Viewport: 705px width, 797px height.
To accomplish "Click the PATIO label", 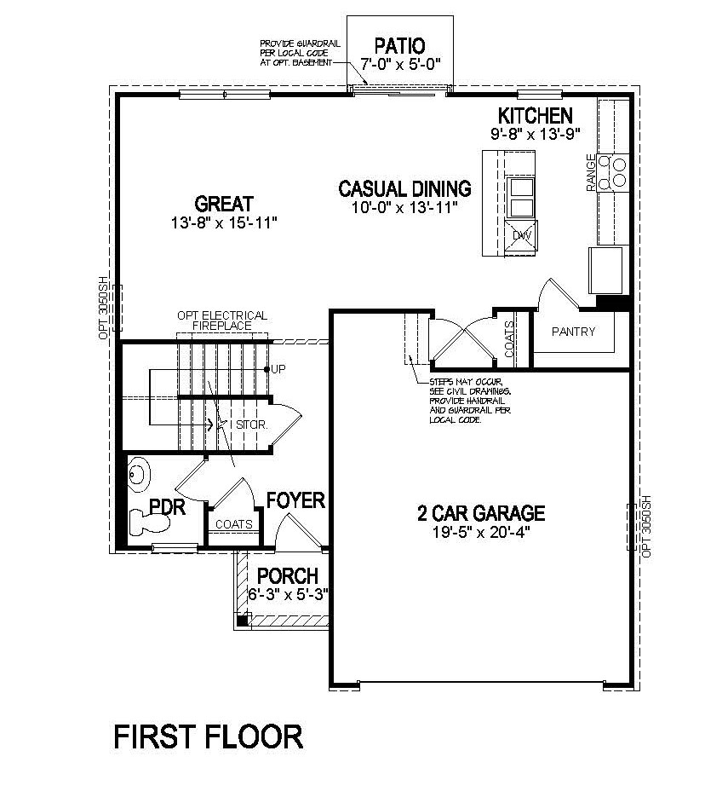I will click(x=399, y=45).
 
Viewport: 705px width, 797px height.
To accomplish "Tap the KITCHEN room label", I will click(x=535, y=115).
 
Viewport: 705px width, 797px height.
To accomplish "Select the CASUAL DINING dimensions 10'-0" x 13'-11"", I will click(x=404, y=207).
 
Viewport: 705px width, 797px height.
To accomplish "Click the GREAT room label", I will click(x=224, y=204).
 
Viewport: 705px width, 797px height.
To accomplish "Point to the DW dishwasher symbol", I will click(x=522, y=234).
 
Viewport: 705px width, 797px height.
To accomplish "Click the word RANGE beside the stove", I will click(x=591, y=171).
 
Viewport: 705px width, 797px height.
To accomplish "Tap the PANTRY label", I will click(x=573, y=332).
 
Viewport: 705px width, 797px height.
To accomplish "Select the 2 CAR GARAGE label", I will click(x=480, y=513).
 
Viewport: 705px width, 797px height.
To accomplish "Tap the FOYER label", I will click(x=295, y=500).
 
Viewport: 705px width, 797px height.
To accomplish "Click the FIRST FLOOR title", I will click(x=209, y=736).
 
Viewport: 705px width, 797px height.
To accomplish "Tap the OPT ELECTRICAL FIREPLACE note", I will click(x=221, y=321).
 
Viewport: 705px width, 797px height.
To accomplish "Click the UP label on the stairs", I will click(x=278, y=369).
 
